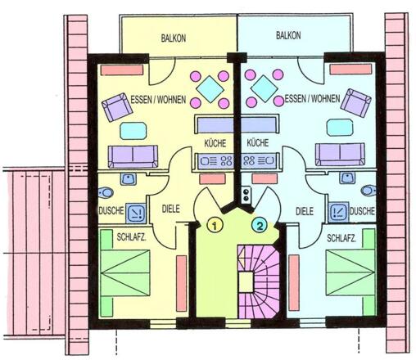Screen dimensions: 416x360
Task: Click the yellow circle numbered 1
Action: click(215, 225)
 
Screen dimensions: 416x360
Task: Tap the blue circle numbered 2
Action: click(259, 225)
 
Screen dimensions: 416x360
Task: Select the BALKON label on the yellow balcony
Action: click(174, 38)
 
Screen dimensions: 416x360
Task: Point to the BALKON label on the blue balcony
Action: click(288, 35)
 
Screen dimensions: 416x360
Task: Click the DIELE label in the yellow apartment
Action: click(171, 209)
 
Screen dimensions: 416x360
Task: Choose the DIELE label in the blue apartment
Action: click(305, 211)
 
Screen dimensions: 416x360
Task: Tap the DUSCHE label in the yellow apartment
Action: click(111, 210)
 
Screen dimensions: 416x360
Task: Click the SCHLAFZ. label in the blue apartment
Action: click(341, 239)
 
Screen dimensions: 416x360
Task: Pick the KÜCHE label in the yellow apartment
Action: click(215, 143)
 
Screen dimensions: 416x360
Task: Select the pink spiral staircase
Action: click(259, 281)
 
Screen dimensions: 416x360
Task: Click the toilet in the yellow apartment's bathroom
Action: click(106, 193)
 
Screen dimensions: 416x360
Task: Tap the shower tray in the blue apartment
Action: click(339, 211)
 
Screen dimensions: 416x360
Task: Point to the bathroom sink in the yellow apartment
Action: click(129, 179)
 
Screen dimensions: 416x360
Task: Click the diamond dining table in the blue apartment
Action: click(265, 88)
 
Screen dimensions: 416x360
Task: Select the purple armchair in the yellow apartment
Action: click(117, 107)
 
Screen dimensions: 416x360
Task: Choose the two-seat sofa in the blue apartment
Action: click(340, 155)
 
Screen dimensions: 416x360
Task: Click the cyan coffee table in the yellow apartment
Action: click(133, 131)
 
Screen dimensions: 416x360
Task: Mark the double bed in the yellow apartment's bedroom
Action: click(125, 273)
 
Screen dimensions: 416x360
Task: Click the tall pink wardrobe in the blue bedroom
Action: click(294, 282)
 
